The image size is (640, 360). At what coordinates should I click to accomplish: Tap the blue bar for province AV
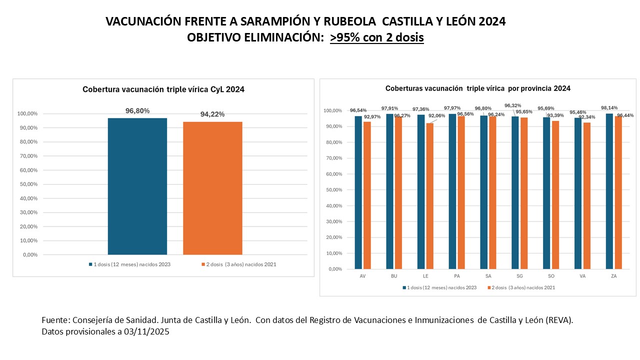pyautogui.click(x=358, y=192)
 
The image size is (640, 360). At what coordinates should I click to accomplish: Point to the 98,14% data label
pyautogui.click(x=608, y=107)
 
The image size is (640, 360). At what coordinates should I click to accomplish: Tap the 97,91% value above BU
pyautogui.click(x=389, y=108)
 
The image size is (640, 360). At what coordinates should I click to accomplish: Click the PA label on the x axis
pyautogui.click(x=456, y=276)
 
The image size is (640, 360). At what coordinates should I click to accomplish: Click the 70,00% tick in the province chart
pyautogui.click(x=333, y=158)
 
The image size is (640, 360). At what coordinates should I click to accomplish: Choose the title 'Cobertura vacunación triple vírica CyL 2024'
pyautogui.click(x=163, y=89)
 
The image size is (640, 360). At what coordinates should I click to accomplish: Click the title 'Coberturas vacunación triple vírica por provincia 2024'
pyautogui.click(x=477, y=88)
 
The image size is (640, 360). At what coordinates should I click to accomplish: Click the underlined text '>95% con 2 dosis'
pyautogui.click(x=376, y=37)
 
